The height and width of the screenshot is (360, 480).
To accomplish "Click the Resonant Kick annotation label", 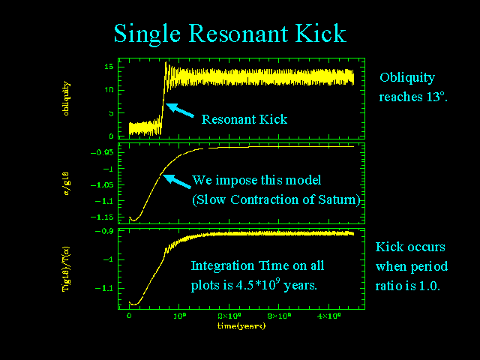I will pyautogui.click(x=244, y=119).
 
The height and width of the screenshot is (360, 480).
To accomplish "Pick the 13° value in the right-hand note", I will pyautogui.click(x=435, y=97).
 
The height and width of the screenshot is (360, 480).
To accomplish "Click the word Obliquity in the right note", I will pyautogui.click(x=407, y=78).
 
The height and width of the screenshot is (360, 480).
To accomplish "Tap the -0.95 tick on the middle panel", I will pyautogui.click(x=106, y=152).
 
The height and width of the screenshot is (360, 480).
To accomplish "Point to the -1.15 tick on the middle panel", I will pyautogui.click(x=106, y=217).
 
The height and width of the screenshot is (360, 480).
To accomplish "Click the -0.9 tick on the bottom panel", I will pyautogui.click(x=109, y=232).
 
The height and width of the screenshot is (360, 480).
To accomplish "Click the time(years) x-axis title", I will pyautogui.click(x=241, y=326).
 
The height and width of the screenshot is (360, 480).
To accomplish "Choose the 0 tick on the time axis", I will pyautogui.click(x=130, y=318).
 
